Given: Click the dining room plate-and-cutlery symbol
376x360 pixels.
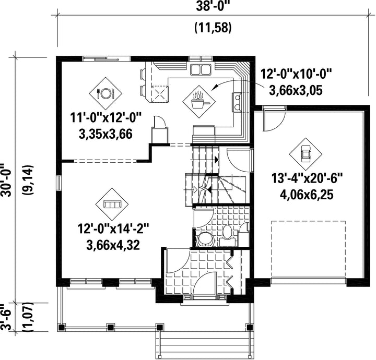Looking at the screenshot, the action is tap(105, 93).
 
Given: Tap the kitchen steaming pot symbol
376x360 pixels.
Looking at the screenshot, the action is tap(199, 102).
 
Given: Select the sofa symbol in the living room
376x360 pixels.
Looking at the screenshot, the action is tap(112, 205).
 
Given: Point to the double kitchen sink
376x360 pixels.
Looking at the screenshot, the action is tap(201, 69).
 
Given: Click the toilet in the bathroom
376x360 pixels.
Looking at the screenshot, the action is tap(227, 232).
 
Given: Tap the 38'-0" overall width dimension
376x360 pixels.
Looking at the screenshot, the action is tap(211, 6).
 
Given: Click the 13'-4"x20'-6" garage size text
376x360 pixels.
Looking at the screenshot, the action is tap(307, 178).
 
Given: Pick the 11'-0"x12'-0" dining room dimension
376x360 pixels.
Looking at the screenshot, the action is tap(105, 118).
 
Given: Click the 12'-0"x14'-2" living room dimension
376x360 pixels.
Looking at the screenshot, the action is tap(113, 229).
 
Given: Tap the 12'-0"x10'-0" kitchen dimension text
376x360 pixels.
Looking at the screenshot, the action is tap(296, 74).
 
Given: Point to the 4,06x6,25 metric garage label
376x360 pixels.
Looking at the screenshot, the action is tap(307, 195).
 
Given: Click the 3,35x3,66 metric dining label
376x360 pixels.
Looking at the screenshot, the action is tap(105, 134).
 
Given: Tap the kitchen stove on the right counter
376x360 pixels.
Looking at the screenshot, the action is tap(237, 102).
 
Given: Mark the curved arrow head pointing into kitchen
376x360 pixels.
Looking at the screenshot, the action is tap(215, 87).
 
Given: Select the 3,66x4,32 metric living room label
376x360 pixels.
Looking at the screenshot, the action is tap(113, 245).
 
